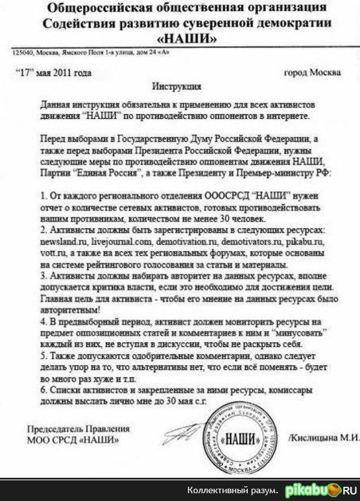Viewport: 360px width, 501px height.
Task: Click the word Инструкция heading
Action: coord(176,86)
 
